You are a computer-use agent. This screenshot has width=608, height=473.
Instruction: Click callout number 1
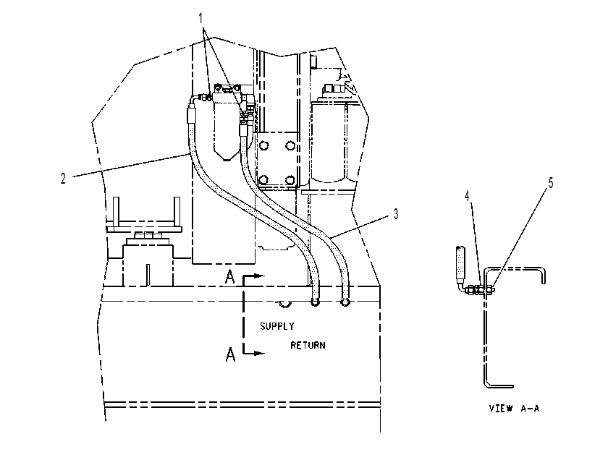point(201,18)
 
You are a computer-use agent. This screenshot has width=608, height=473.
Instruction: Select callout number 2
point(63,179)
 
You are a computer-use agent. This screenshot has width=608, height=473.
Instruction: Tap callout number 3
point(395,214)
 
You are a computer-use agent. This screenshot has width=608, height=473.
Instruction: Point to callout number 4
point(468,195)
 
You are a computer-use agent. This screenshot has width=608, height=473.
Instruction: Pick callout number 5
point(551,183)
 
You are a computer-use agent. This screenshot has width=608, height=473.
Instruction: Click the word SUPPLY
point(276,326)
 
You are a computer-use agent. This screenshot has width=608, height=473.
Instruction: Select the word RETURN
point(308,345)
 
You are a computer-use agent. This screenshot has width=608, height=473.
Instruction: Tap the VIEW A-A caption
point(514,408)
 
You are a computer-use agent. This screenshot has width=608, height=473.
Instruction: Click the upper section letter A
point(230,277)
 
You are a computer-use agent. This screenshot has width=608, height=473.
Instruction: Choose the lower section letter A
point(230,354)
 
